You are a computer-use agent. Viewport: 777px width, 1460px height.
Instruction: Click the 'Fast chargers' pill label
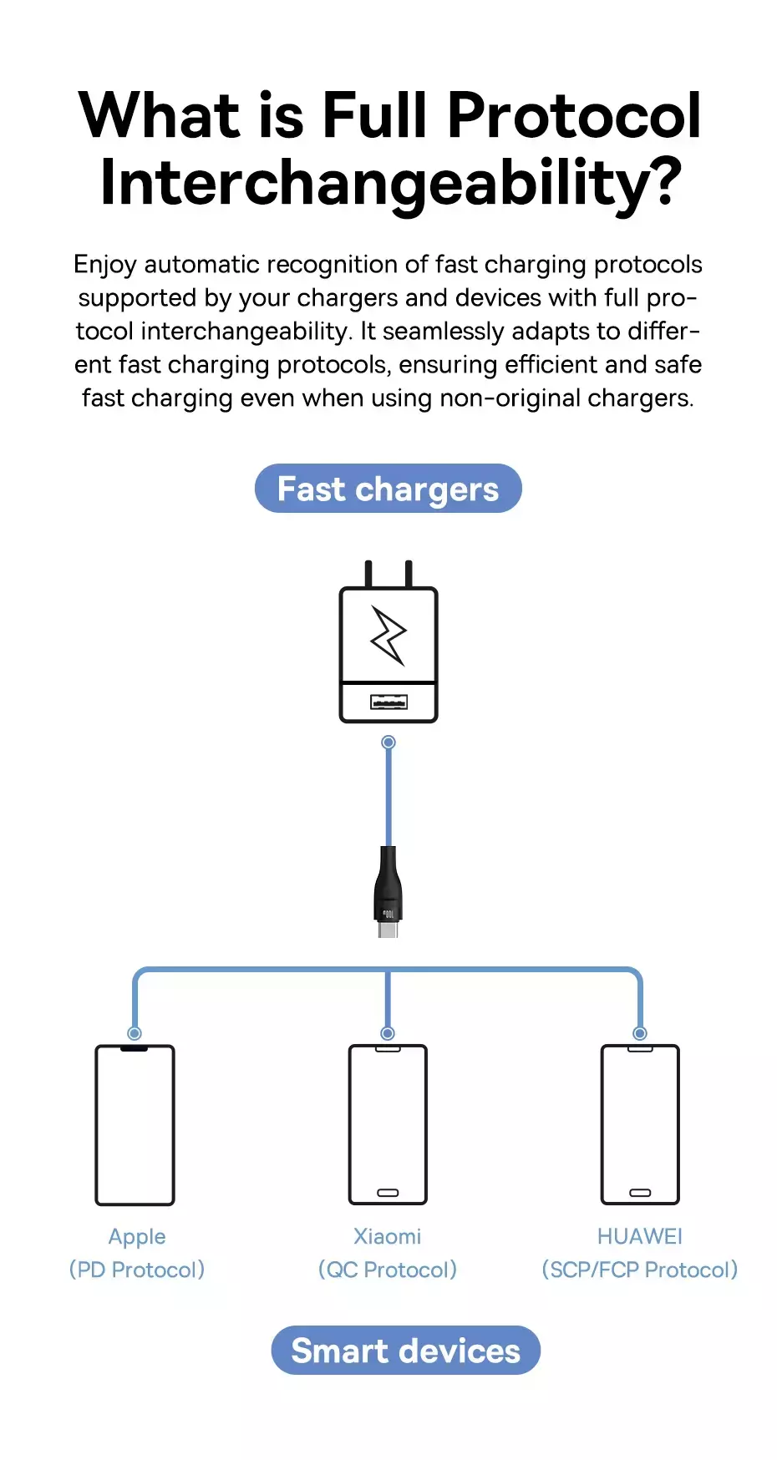(x=388, y=489)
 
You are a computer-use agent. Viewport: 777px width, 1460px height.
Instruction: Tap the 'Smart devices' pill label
(x=406, y=1351)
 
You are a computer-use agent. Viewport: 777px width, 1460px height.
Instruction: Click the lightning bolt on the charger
(x=388, y=636)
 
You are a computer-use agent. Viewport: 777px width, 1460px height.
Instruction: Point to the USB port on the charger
(x=388, y=702)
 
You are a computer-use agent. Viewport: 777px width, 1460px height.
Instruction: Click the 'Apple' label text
(x=137, y=1237)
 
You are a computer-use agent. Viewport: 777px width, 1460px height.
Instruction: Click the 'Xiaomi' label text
(x=388, y=1236)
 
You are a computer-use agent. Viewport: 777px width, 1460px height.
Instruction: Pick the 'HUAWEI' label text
(x=640, y=1236)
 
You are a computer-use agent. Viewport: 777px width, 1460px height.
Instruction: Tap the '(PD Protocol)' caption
(x=137, y=1270)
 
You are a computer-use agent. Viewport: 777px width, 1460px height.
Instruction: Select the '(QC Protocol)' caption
(x=388, y=1270)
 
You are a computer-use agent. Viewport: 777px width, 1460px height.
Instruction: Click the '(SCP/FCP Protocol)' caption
(x=640, y=1270)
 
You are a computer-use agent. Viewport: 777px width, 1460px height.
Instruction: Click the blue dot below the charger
(x=388, y=743)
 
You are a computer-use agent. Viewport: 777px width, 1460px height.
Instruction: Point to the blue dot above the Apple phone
(x=135, y=1033)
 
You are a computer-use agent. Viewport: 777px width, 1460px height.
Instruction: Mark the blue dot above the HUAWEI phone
(x=640, y=1033)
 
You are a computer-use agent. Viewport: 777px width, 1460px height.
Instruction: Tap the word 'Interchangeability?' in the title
(x=391, y=184)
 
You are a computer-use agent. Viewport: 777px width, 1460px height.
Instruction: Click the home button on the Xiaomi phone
(x=388, y=1193)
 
